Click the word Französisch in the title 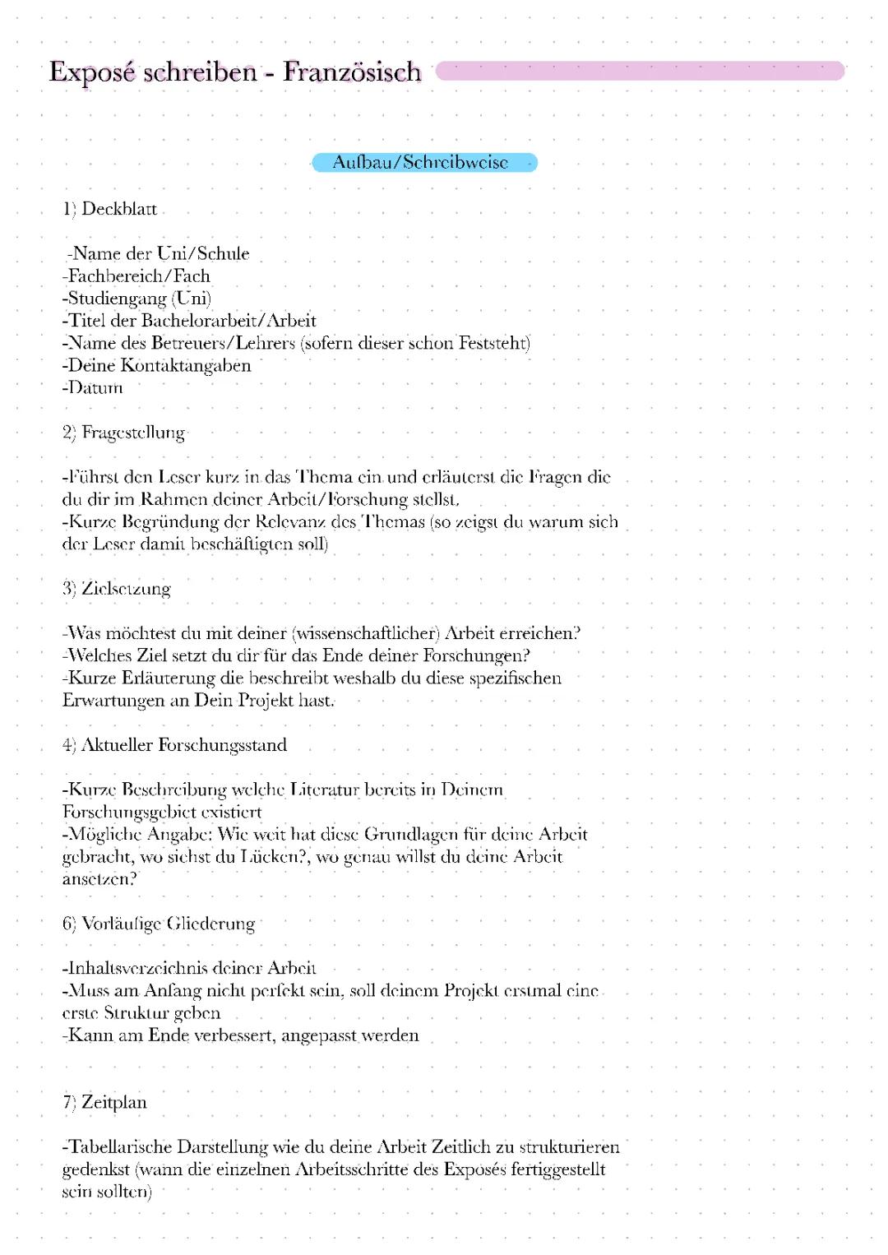point(352,72)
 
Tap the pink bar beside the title point(640,71)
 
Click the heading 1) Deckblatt point(109,209)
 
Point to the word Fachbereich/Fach point(137,276)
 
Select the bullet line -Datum point(92,387)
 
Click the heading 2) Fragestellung point(123,433)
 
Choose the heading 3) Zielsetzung point(116,589)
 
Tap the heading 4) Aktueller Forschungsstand point(174,745)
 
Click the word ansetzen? point(99,878)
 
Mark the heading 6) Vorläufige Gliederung point(159,924)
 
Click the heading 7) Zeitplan point(104,1102)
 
